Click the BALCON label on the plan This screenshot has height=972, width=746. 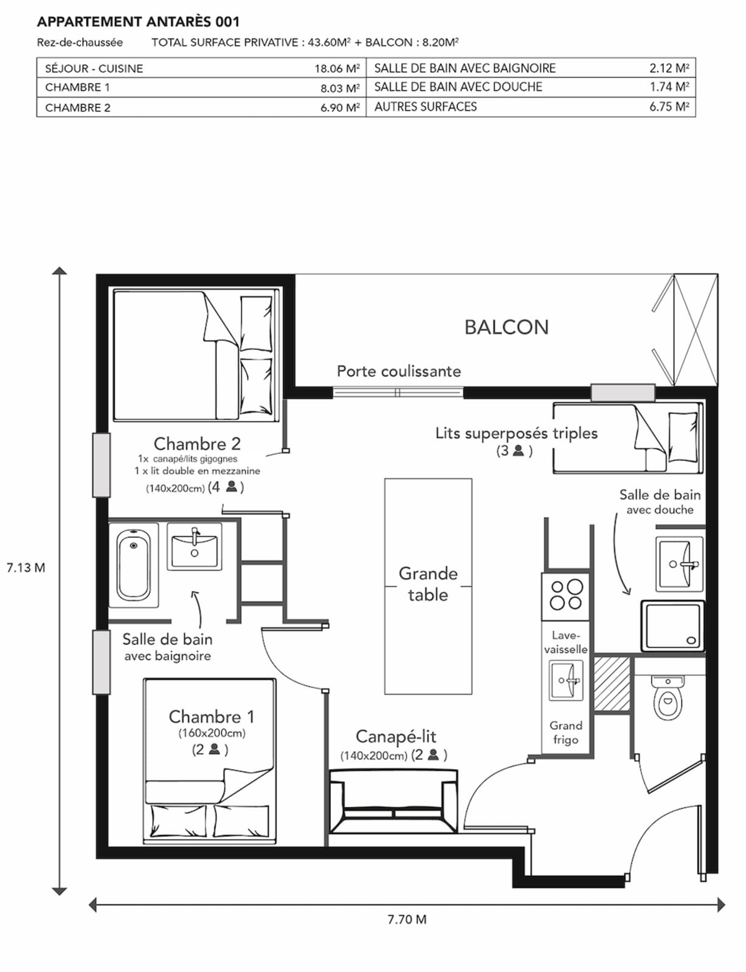506,327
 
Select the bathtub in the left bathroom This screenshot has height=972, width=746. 133,566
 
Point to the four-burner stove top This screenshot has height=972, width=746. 565,597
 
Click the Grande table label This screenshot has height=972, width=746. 428,584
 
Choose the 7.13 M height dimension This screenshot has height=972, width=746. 26,567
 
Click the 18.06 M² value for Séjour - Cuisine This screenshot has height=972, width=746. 337,69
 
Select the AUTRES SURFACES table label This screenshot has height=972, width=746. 425,107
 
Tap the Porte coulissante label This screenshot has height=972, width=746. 399,371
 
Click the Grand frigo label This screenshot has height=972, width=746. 565,732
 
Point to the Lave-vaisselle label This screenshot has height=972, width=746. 565,642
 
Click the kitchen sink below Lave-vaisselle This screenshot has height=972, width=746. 565,680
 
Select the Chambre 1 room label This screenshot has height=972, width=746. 211,717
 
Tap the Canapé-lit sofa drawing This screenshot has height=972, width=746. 393,801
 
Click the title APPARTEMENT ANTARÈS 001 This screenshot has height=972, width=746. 138,21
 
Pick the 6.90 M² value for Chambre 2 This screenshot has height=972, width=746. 340,108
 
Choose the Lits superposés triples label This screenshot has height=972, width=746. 516,433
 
